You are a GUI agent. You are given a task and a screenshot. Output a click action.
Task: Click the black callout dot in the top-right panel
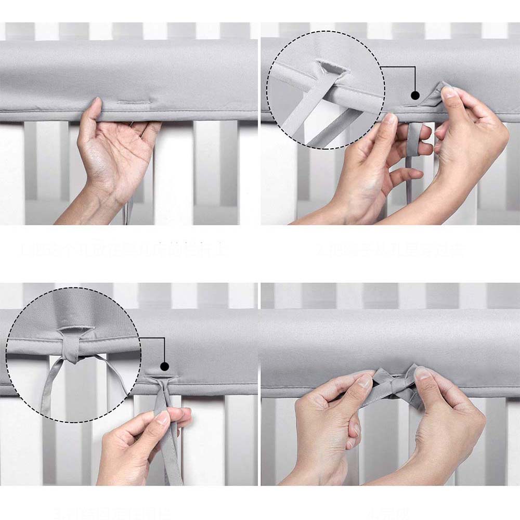(415, 95)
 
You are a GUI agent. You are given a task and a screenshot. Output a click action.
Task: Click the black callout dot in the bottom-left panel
(164, 366)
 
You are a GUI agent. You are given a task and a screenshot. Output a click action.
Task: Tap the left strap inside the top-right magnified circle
(299, 114)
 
